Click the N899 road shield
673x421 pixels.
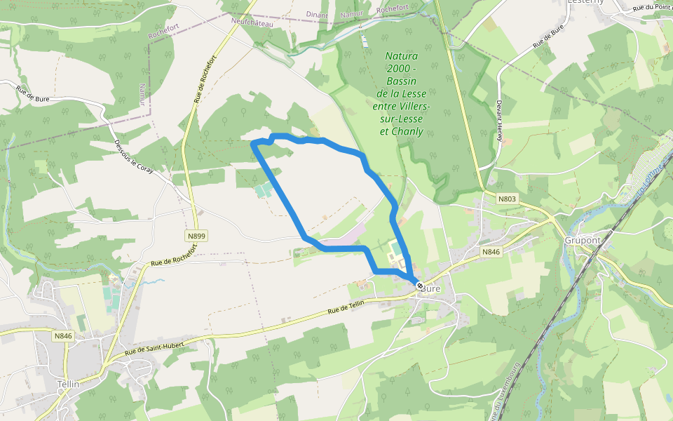pos(197,236)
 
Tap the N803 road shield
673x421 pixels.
pos(508,199)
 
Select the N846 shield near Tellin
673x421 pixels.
pos(63,336)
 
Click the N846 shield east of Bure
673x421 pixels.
pos(491,251)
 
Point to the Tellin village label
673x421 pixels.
pos(68,384)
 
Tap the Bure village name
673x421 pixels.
pos(432,288)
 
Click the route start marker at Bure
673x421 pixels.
pos(419,286)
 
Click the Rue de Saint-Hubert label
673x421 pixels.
pos(154,349)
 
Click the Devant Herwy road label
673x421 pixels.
pos(500,119)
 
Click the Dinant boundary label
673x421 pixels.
pos(318,14)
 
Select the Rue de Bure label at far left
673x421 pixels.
pos(34,92)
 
